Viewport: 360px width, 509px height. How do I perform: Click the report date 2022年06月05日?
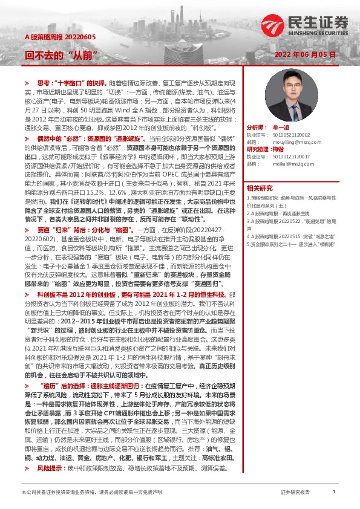pyautogui.click(x=305, y=54)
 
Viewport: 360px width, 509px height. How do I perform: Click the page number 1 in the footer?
pyautogui.click(x=334, y=492)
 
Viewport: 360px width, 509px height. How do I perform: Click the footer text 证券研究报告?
pyautogui.click(x=295, y=493)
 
